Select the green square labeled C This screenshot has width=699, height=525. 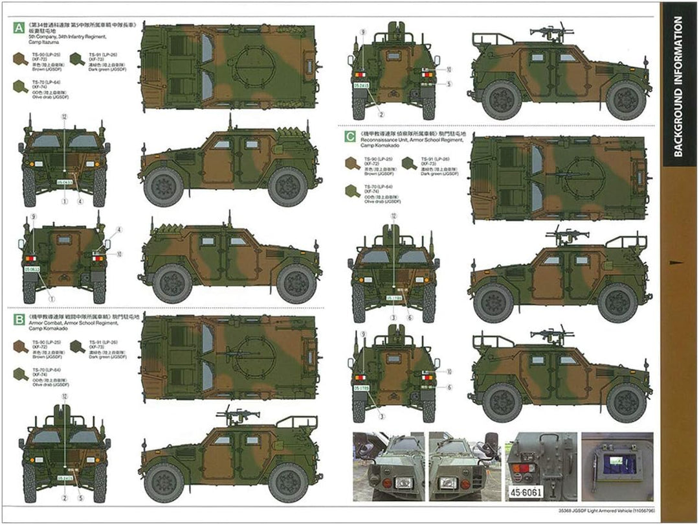click(x=349, y=137)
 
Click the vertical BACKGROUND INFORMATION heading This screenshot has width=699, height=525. click(x=678, y=87)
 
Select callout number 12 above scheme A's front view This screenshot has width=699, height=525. click(x=64, y=117)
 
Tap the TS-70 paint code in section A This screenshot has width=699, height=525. click(x=38, y=83)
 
